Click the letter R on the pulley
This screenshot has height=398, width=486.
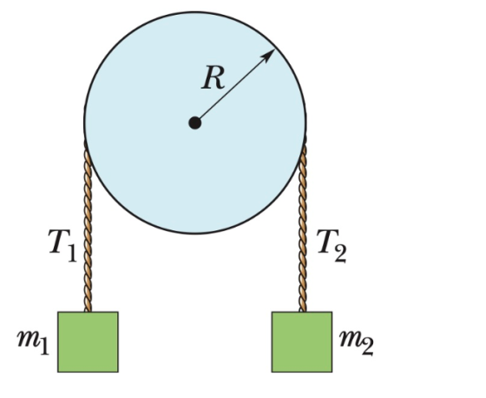tap(213, 78)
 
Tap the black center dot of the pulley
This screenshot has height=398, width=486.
tap(195, 123)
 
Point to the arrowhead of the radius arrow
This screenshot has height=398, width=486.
tap(268, 55)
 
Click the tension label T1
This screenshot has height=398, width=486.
tap(62, 245)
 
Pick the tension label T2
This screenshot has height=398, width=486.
tap(332, 246)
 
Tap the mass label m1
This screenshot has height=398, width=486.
tap(33, 342)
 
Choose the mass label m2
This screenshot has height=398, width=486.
tap(357, 342)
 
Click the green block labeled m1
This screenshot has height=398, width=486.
tap(88, 342)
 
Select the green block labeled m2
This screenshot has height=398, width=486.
tap(302, 342)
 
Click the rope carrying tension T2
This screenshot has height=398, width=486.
tap(303, 225)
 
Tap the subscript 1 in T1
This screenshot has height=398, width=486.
tap(71, 253)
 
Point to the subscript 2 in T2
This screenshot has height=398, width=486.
tap(340, 254)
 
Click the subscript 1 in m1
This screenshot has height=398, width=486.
tap(44, 346)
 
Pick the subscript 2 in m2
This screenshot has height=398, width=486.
tap(367, 347)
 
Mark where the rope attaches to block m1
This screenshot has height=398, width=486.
tap(88, 311)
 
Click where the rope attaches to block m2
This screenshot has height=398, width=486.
tap(303, 311)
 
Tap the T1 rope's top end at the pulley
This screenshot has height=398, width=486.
tap(86, 143)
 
